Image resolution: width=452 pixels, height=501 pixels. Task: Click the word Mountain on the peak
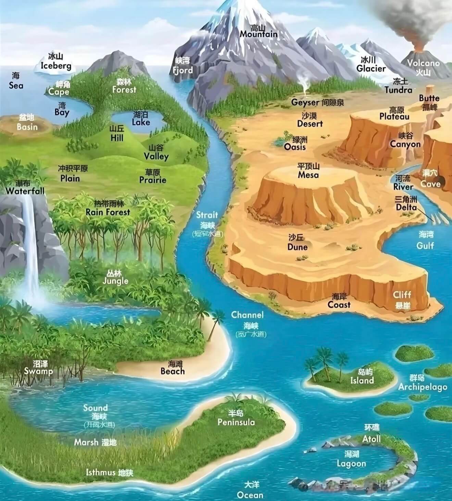tap(259, 34)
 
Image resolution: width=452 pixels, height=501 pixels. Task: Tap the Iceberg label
tap(56, 65)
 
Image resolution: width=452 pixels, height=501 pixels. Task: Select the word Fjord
tap(183, 70)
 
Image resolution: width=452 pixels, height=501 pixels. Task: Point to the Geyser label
tap(305, 102)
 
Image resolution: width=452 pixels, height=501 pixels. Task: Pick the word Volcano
tap(423, 63)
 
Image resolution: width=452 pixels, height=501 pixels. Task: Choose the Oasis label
tap(295, 146)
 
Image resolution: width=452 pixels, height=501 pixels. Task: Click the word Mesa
tap(308, 175)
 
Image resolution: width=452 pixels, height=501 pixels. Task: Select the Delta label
tap(406, 207)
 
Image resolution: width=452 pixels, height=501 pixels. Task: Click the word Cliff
tap(402, 295)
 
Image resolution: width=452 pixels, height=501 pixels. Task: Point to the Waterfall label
tap(25, 191)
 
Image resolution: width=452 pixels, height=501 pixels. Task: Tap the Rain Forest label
tap(108, 212)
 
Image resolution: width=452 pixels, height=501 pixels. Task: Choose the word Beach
tap(173, 371)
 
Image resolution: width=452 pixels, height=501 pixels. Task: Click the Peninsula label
tap(236, 422)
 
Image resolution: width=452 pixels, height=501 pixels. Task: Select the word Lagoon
tap(351, 464)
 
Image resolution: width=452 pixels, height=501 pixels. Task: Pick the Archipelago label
tap(423, 387)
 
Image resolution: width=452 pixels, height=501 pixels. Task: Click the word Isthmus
tap(101, 473)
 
